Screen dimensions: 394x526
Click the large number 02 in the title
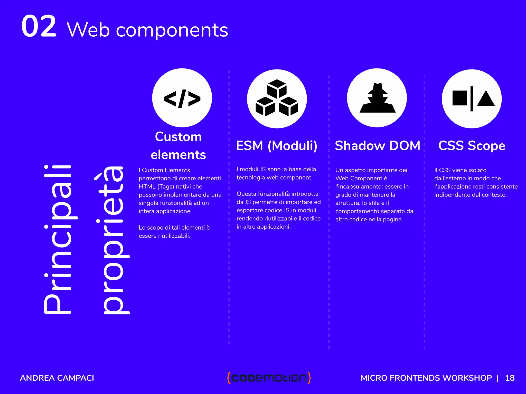pyautogui.click(x=39, y=26)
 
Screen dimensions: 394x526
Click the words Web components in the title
pyautogui.click(x=147, y=30)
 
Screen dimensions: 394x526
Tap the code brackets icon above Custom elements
pyautogui.click(x=182, y=98)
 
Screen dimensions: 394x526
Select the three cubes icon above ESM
pyautogui.click(x=277, y=98)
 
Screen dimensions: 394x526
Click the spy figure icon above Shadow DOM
pyautogui.click(x=377, y=98)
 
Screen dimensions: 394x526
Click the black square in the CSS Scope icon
pyautogui.click(x=459, y=98)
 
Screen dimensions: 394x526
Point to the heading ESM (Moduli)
pyautogui.click(x=277, y=146)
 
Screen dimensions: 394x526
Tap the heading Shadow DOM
pyautogui.click(x=377, y=146)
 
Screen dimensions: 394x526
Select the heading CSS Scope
pyautogui.click(x=472, y=146)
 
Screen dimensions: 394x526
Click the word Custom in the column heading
pyautogui.click(x=178, y=137)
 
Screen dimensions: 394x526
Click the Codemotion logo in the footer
pyautogui.click(x=269, y=378)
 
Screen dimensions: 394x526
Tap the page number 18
pyautogui.click(x=510, y=378)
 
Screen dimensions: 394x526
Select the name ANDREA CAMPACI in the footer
pyautogui.click(x=57, y=378)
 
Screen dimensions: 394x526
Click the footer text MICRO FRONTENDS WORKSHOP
pyautogui.click(x=426, y=378)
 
